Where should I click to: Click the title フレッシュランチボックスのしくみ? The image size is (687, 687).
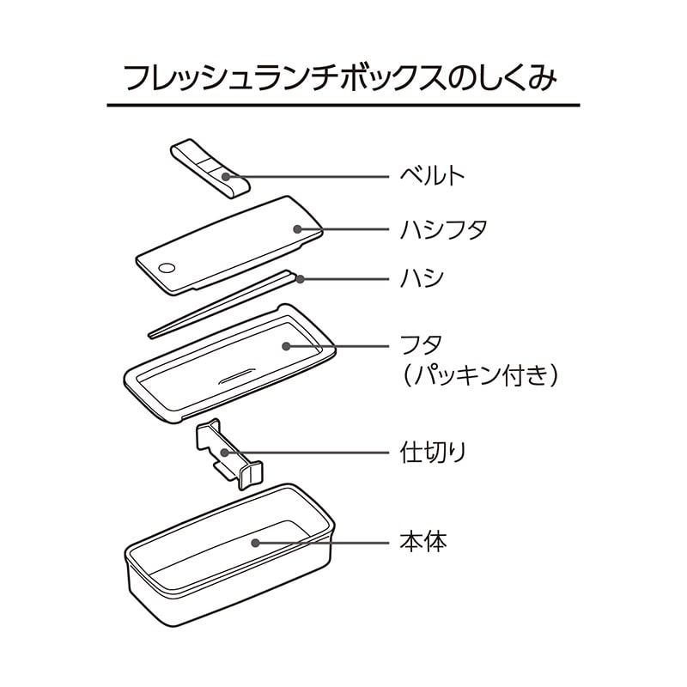[x=340, y=79]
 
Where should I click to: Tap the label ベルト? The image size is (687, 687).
[x=432, y=176]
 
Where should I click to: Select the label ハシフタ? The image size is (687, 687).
[x=443, y=229]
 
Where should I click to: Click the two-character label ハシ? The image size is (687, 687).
[x=422, y=278]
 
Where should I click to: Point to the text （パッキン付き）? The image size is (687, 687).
[x=480, y=375]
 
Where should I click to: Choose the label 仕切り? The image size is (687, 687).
[x=433, y=452]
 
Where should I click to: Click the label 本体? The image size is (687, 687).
[x=423, y=542]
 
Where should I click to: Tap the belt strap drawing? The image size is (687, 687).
[x=210, y=168]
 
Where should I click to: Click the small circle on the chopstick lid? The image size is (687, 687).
[x=167, y=268]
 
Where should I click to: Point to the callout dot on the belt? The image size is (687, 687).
[x=226, y=177]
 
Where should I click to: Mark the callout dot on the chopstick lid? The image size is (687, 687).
[x=297, y=229]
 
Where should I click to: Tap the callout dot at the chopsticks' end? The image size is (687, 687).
[x=300, y=278]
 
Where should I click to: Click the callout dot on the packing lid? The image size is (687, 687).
[x=286, y=346]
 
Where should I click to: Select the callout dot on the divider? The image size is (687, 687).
[x=224, y=452]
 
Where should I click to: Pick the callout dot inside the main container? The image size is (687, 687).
[x=255, y=543]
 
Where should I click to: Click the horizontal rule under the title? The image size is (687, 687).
[x=343, y=105]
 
